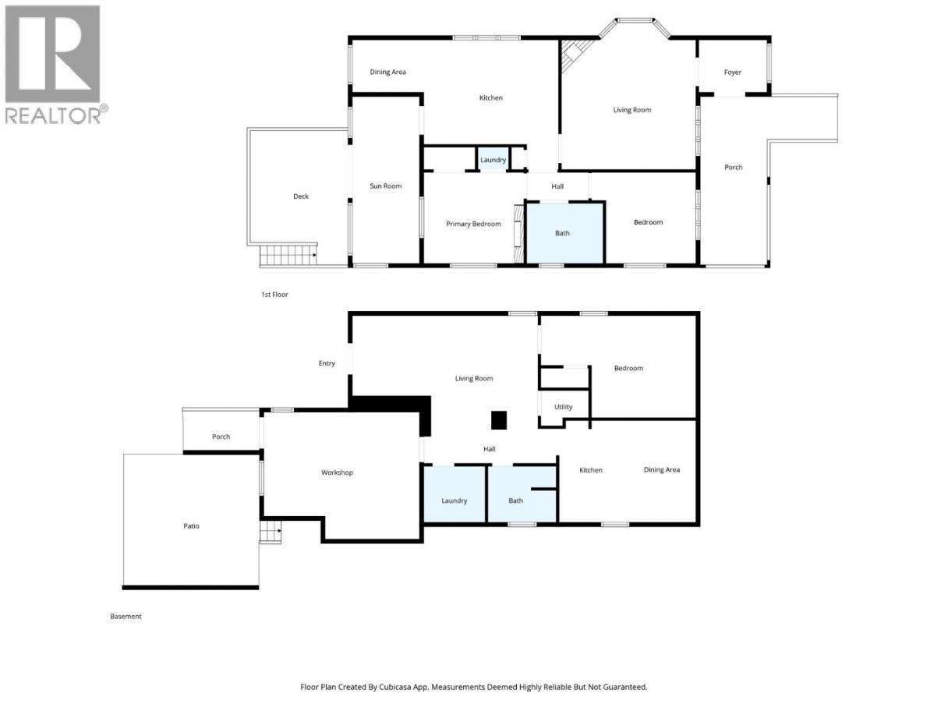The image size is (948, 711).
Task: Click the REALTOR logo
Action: tap(56, 65)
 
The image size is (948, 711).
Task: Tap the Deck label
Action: tap(301, 196)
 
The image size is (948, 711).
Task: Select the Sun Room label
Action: tap(385, 186)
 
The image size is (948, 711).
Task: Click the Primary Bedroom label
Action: tap(473, 224)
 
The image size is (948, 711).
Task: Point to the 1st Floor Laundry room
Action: tap(493, 160)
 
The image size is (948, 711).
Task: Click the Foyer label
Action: tap(732, 73)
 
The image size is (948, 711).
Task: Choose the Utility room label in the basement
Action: tap(563, 407)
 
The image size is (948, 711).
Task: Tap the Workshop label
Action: tap(337, 472)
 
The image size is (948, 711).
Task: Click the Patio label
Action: tap(191, 525)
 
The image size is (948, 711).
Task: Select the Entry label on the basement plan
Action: tap(327, 363)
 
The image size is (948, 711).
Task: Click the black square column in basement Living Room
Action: tap(498, 420)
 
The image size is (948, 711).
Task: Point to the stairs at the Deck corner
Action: tap(288, 255)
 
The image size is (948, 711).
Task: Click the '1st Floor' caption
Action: tap(274, 295)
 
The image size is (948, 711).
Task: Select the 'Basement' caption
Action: tap(126, 617)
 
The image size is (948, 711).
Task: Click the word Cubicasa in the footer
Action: tap(394, 688)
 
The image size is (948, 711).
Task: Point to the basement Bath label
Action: tap(515, 501)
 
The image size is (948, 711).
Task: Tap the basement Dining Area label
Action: tap(661, 469)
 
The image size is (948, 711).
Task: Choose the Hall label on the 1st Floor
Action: tap(557, 186)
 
